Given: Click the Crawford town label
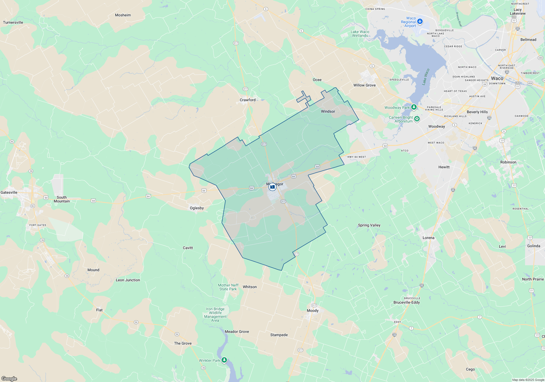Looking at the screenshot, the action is point(247,100).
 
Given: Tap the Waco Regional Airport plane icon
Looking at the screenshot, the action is point(420,21).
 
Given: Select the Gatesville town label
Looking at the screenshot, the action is point(9,192).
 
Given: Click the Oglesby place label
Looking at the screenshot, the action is point(197,208).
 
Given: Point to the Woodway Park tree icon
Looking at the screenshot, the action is point(414,107).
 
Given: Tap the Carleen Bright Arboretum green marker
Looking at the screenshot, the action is point(417,119).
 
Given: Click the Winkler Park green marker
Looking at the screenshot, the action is point(224,360).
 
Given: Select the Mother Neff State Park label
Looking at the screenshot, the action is point(228,287).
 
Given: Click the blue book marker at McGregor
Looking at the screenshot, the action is point(272,187).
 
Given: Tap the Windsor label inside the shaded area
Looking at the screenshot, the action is point(328,111).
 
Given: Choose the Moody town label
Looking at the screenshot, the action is point(313,311).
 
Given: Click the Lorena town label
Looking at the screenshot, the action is point(428,238).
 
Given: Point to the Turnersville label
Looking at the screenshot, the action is point(13,22).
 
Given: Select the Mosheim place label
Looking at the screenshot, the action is point(123,15).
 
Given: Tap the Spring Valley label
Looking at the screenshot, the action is point(369,225).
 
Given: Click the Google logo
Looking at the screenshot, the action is point(9,378).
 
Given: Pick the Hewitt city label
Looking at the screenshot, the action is point(444,167).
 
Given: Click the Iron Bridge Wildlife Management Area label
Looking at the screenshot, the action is point(215,315).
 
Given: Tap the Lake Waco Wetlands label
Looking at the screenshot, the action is point(360,34).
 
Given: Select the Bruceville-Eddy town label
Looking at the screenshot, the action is point(407,302).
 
